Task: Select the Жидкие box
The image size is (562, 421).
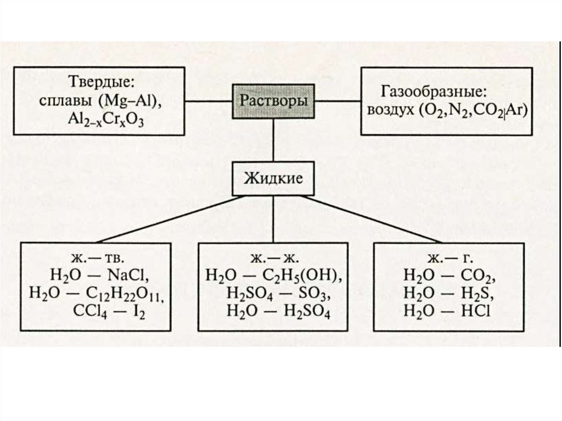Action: pos(273,178)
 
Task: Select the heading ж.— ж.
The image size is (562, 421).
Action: pos(273,258)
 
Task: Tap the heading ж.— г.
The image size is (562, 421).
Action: pos(446,258)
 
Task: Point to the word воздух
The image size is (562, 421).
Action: pos(389,110)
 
